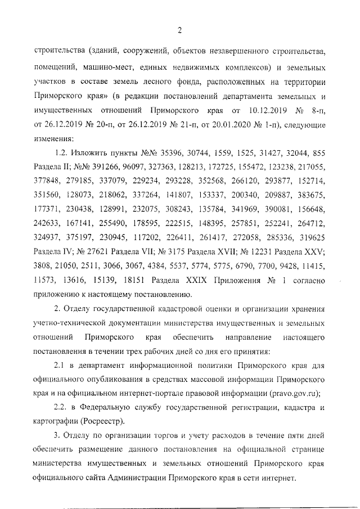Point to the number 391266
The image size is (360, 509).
point(99,168)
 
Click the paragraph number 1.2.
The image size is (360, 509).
point(61,154)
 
